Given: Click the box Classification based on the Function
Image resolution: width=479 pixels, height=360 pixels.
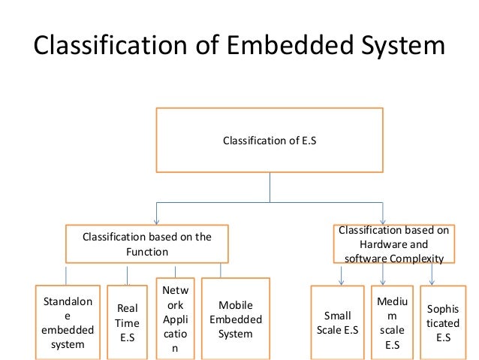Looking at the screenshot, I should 147,244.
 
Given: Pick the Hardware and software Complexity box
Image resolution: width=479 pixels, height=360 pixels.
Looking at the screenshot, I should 393,244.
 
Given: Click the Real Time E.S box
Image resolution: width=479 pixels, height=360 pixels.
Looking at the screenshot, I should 126,322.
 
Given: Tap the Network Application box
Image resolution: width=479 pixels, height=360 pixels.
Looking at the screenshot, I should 175,317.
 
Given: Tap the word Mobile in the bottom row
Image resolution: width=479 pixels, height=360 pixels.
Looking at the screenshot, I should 235,305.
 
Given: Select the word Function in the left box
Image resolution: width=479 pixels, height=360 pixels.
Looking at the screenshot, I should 147,252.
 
